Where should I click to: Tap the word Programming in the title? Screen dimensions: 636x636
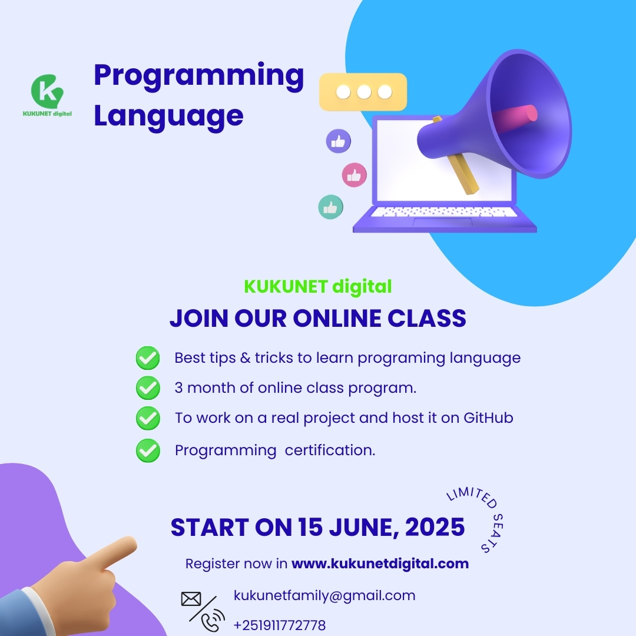point(199,76)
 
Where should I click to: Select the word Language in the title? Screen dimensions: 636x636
point(169,117)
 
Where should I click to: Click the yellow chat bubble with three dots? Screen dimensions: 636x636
point(363,92)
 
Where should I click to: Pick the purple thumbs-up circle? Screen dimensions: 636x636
point(338,141)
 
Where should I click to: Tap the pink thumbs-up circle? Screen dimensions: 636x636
point(354,175)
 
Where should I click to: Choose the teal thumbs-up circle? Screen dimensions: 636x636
point(330,207)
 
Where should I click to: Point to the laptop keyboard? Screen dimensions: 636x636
point(444,212)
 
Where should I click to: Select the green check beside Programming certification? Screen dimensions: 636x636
point(148,450)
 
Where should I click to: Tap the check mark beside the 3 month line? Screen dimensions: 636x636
point(148,387)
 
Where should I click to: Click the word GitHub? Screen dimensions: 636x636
point(488,418)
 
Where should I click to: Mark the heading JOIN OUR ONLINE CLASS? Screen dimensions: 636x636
point(318,318)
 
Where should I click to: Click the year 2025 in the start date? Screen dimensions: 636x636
point(435,527)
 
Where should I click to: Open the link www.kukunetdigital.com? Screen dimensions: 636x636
point(380,564)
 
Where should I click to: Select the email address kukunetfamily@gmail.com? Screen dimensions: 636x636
point(324,595)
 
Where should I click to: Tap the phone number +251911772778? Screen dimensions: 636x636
point(280,625)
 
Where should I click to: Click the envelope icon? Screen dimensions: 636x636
point(191,599)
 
